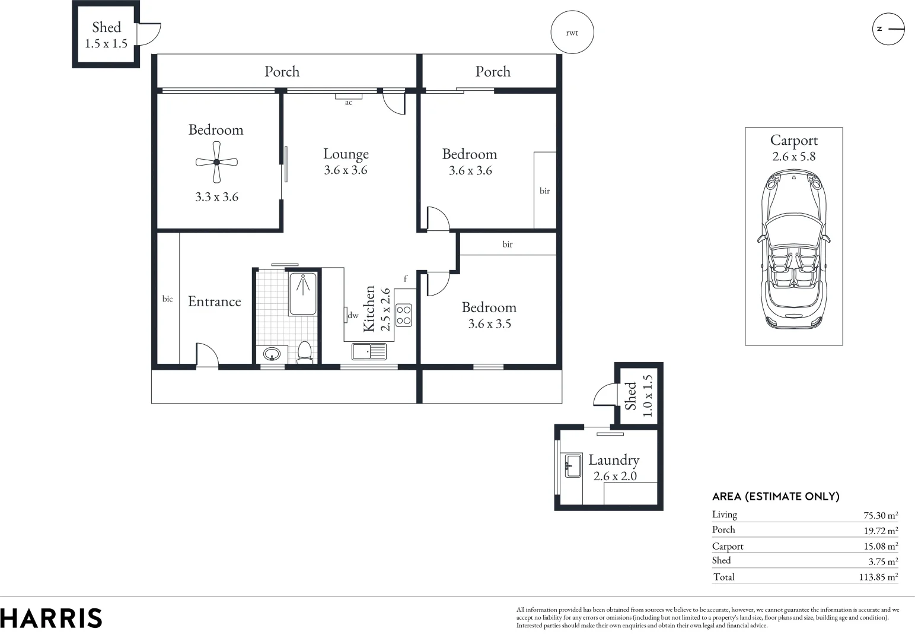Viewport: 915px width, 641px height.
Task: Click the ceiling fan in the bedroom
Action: click(x=216, y=162)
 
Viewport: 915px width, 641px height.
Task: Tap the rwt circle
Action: click(x=572, y=33)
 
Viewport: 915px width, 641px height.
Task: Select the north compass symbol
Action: click(x=888, y=28)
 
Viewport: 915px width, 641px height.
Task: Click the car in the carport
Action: click(x=793, y=249)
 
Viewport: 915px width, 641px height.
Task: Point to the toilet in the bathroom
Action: click(x=304, y=351)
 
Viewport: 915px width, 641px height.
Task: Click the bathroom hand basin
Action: click(x=272, y=354)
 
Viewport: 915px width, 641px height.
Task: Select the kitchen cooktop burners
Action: click(x=404, y=315)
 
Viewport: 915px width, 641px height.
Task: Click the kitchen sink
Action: click(x=369, y=352)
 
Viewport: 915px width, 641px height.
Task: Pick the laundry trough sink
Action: click(x=573, y=465)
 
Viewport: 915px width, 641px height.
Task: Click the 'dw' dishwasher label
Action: click(x=353, y=315)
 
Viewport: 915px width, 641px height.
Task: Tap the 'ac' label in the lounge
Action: click(x=349, y=103)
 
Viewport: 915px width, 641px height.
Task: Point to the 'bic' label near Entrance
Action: click(x=167, y=299)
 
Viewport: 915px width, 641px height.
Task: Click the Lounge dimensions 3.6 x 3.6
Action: click(x=346, y=170)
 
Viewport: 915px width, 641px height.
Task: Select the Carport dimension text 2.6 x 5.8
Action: click(x=793, y=157)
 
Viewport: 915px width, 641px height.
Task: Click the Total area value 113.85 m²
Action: click(x=878, y=577)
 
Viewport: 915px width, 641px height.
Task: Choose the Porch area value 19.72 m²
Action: click(x=880, y=531)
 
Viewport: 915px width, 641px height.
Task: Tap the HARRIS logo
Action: click(x=51, y=618)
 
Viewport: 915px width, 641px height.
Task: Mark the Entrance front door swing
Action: click(x=207, y=355)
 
